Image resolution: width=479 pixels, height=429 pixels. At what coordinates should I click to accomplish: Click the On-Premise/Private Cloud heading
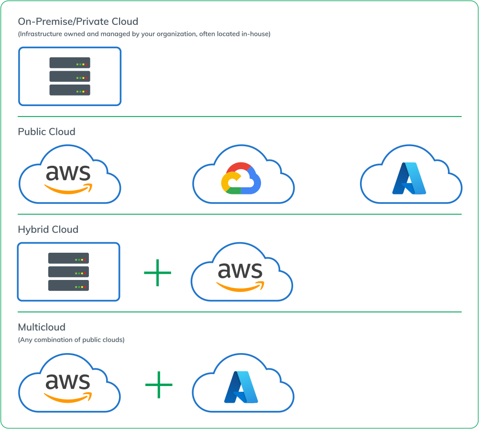coord(78,21)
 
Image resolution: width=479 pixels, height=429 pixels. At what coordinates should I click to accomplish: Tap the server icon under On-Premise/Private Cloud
coord(70,76)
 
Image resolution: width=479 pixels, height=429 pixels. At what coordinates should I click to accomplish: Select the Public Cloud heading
coord(46,131)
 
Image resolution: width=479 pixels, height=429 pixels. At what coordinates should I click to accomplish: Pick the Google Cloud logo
coord(241,178)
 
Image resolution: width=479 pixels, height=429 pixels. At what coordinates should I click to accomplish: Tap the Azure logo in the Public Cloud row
coord(409,178)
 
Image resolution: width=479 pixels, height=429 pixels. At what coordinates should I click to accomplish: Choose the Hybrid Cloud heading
coord(48,229)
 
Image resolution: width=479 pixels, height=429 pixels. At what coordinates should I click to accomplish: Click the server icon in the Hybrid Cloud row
coord(68,272)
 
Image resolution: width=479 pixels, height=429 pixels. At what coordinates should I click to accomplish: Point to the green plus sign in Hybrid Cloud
coord(157,273)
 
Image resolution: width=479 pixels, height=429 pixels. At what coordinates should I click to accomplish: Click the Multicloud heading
coord(42,327)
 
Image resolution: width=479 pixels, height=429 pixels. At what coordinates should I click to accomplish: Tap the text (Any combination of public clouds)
coord(71,340)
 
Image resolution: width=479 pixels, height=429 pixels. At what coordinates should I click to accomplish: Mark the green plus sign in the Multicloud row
coord(159,385)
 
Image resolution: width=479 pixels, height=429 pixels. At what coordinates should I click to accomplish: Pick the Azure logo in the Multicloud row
coord(241,387)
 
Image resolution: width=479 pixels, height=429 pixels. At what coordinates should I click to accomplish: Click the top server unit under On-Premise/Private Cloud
coord(70,63)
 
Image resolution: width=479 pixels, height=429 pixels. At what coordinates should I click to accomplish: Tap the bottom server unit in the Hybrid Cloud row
coord(68,286)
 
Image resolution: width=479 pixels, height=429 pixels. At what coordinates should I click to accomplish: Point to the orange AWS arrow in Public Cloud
coord(68,189)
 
